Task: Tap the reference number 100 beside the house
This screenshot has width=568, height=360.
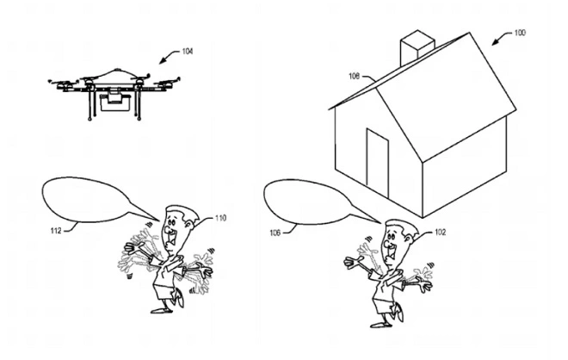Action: click(521, 33)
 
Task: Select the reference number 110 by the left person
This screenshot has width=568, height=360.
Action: click(220, 218)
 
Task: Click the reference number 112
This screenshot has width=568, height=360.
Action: click(57, 229)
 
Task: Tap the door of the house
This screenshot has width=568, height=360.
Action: click(378, 161)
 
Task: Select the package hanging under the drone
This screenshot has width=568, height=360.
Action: click(113, 104)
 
